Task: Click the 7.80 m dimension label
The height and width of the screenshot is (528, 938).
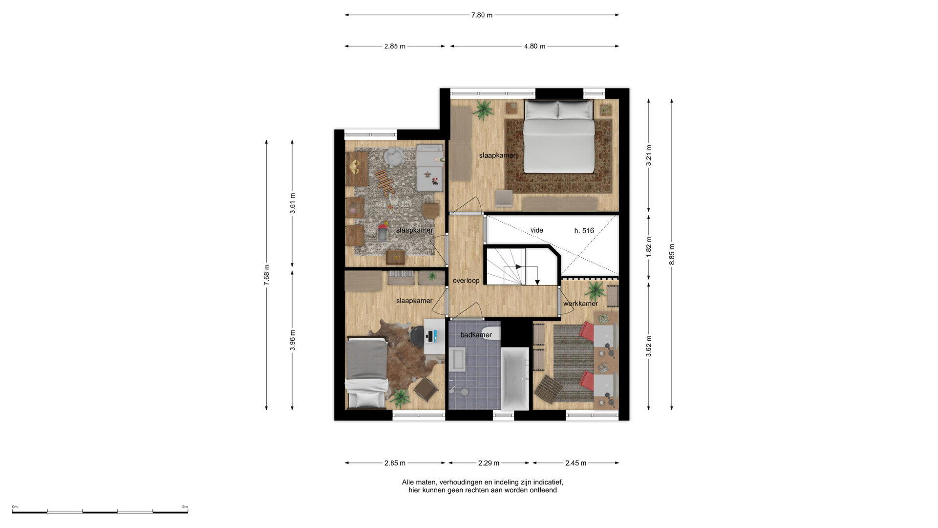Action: [482, 15]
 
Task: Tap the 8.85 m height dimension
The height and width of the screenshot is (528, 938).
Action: [672, 254]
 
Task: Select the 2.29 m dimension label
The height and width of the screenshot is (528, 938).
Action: [489, 463]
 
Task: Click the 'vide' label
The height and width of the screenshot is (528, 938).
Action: [537, 230]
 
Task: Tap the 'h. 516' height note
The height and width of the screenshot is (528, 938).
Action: [584, 231]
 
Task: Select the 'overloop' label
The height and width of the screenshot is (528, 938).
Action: [466, 281]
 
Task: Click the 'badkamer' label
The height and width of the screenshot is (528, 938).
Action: [476, 335]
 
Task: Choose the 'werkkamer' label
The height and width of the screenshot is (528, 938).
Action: [580, 304]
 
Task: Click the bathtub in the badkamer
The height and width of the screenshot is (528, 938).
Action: [515, 379]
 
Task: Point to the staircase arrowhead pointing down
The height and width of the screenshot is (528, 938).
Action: [537, 282]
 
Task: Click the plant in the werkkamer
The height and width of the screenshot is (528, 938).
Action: [595, 291]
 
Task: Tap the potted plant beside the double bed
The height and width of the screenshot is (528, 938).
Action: [483, 110]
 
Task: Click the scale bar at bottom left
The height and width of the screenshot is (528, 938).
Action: [100, 512]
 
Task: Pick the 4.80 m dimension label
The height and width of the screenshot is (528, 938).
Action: [534, 46]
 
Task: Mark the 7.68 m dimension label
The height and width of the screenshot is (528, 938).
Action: [266, 275]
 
